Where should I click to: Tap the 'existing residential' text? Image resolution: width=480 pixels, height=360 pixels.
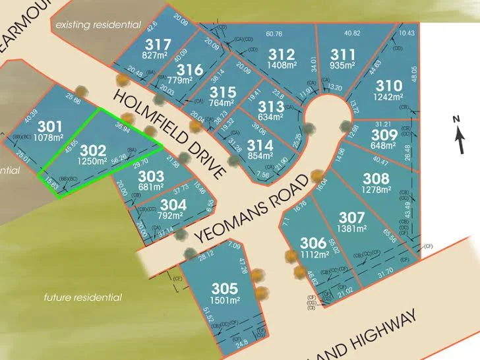98,24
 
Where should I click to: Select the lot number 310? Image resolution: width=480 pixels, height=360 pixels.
388,86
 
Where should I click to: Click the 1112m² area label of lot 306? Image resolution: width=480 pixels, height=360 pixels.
314,255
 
